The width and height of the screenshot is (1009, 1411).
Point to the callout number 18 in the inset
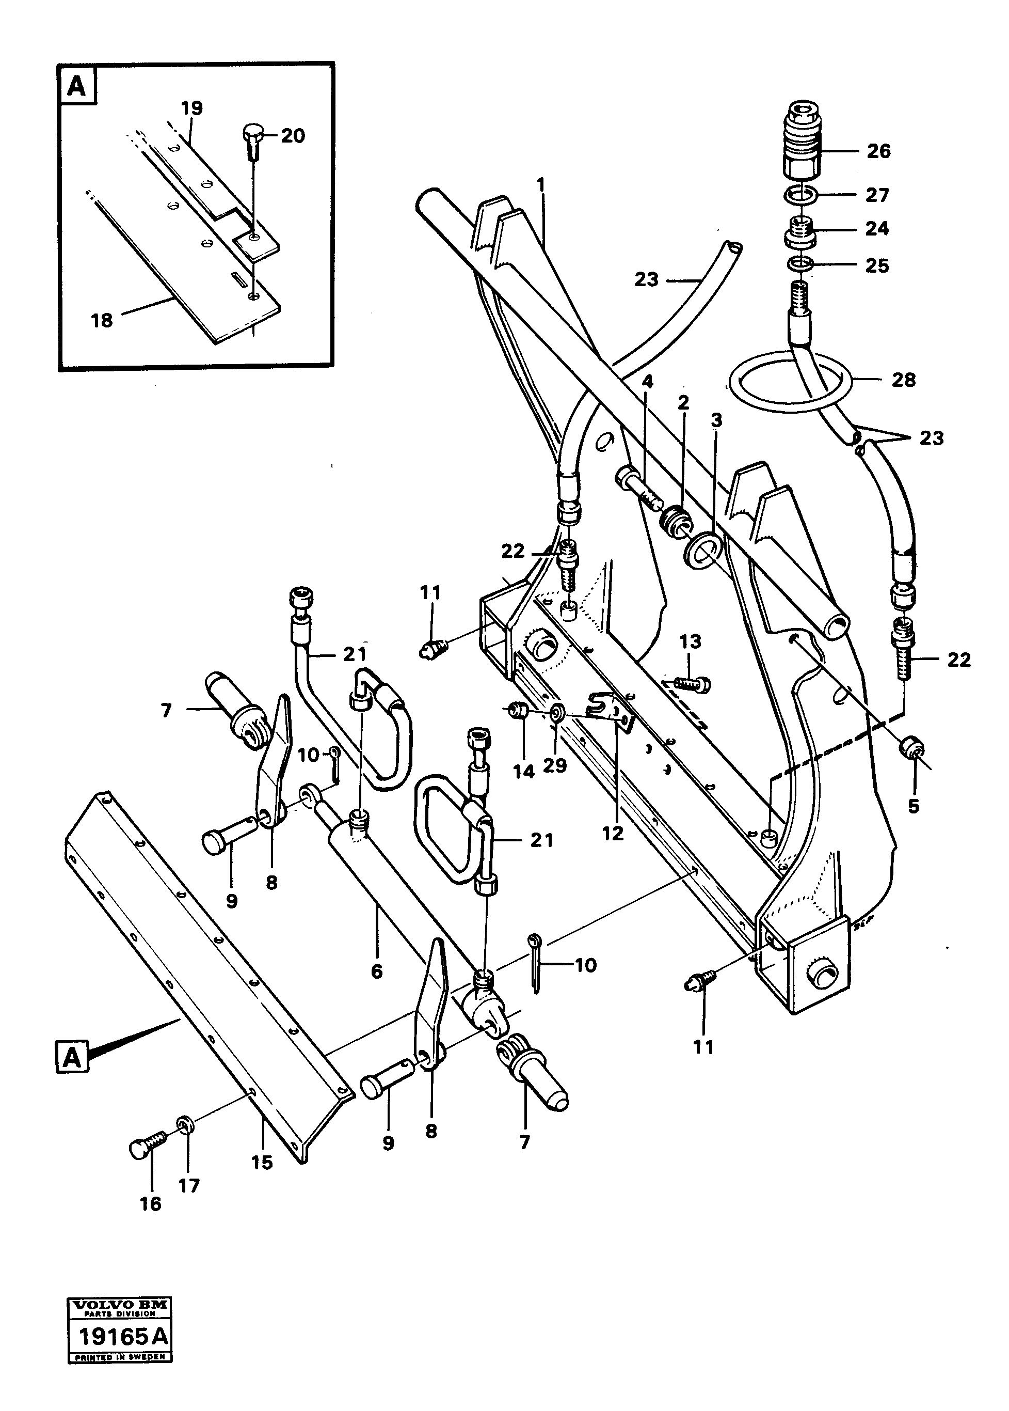(x=102, y=320)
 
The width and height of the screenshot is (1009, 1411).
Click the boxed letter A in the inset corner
(x=76, y=86)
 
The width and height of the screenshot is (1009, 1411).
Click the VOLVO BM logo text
(x=119, y=1305)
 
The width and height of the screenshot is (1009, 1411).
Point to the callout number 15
(x=262, y=1163)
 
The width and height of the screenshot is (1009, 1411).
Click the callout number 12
(x=612, y=834)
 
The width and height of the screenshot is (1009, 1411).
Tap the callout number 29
(x=554, y=766)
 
